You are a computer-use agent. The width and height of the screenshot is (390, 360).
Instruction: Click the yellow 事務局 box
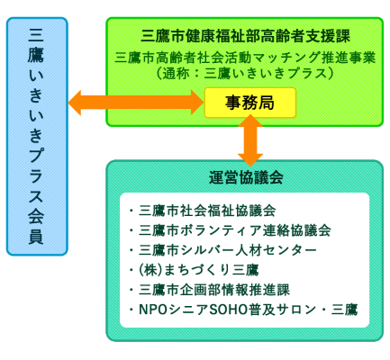click(x=249, y=103)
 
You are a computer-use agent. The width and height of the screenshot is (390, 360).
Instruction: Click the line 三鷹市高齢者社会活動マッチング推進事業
click(x=246, y=57)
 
